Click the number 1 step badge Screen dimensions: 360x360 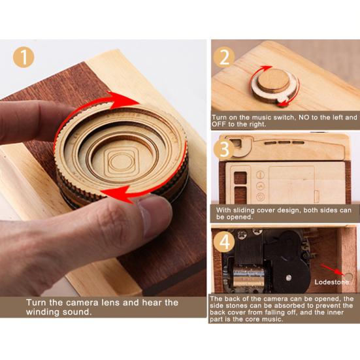pyautogui.click(x=24, y=57)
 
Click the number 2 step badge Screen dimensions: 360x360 pyautogui.click(x=224, y=57)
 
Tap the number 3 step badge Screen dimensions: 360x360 pyautogui.click(x=224, y=149)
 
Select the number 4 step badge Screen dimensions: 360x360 pyautogui.click(x=224, y=242)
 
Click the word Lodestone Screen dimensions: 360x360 pyautogui.click(x=331, y=282)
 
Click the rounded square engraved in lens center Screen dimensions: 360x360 pyautogui.click(x=122, y=161)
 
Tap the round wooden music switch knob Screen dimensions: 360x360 pyautogui.click(x=273, y=80)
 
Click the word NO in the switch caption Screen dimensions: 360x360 pyautogui.click(x=304, y=118)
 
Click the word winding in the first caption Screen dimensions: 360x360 pyautogui.click(x=42, y=312)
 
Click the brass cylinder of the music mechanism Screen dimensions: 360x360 pyautogui.click(x=249, y=276)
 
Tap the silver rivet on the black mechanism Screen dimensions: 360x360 pyautogui.click(x=289, y=278)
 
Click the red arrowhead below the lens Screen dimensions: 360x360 pyautogui.click(x=118, y=194)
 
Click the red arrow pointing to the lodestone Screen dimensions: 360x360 pyautogui.click(x=333, y=269)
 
